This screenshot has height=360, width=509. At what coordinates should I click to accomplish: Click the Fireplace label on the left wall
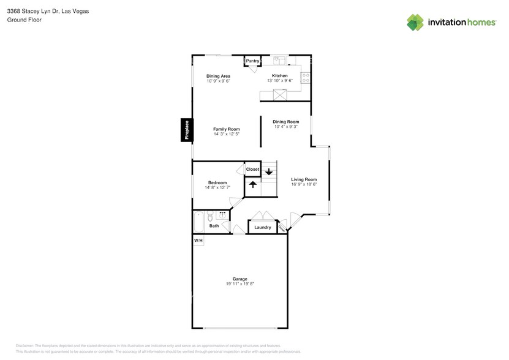point(187,130)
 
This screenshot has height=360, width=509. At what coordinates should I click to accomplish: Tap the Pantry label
point(252,61)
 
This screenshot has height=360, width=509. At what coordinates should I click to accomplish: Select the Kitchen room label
point(280,76)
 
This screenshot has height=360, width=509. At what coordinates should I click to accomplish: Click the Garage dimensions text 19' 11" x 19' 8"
point(239,284)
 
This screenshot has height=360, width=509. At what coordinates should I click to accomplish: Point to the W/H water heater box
point(198,241)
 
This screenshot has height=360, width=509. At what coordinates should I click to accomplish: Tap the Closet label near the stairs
point(252,170)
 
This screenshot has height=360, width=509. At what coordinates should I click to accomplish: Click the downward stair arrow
point(268,172)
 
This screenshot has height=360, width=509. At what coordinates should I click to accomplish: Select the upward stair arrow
point(252,184)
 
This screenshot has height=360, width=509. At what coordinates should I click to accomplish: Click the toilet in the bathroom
point(209,216)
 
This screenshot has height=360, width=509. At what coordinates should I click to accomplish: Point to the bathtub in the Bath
point(198,222)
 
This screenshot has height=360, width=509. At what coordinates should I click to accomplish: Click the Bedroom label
point(217,182)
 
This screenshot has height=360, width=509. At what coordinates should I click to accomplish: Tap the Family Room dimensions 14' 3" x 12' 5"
point(226,134)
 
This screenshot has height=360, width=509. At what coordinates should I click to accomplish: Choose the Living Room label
point(304,179)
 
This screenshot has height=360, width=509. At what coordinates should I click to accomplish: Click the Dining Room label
point(285,122)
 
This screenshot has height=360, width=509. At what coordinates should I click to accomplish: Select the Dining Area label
point(217,76)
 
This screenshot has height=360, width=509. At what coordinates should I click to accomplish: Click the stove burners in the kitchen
point(304,78)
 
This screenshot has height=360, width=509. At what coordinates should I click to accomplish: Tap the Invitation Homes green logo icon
point(415,22)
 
